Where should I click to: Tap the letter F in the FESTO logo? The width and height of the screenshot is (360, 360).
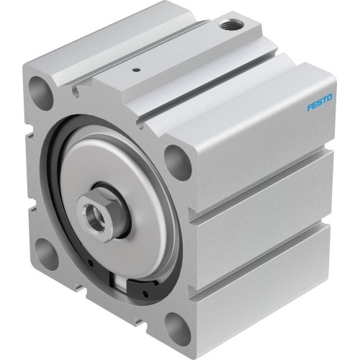310,108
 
